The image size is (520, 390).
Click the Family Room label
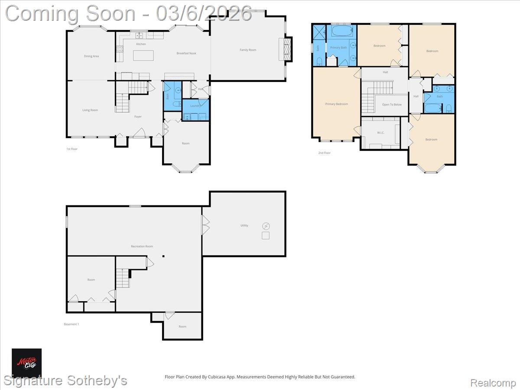point(248,50)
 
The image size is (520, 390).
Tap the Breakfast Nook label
point(186,53)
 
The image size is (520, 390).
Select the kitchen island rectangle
point(143,55)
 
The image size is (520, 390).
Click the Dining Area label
point(91,56)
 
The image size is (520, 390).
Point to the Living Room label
point(90,110)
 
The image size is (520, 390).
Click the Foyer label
point(138,117)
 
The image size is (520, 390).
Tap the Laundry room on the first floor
point(195,106)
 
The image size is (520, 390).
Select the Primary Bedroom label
point(337,104)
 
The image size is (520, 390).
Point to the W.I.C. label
point(381,133)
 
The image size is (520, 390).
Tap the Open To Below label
point(392,104)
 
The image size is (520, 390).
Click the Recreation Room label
point(142,246)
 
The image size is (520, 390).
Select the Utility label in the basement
point(244,225)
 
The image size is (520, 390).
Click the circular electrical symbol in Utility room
point(266,226)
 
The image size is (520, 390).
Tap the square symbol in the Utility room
point(266,236)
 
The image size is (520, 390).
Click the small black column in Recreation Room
point(163,256)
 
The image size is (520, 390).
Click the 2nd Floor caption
point(324,153)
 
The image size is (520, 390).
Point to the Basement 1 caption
point(71,324)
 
